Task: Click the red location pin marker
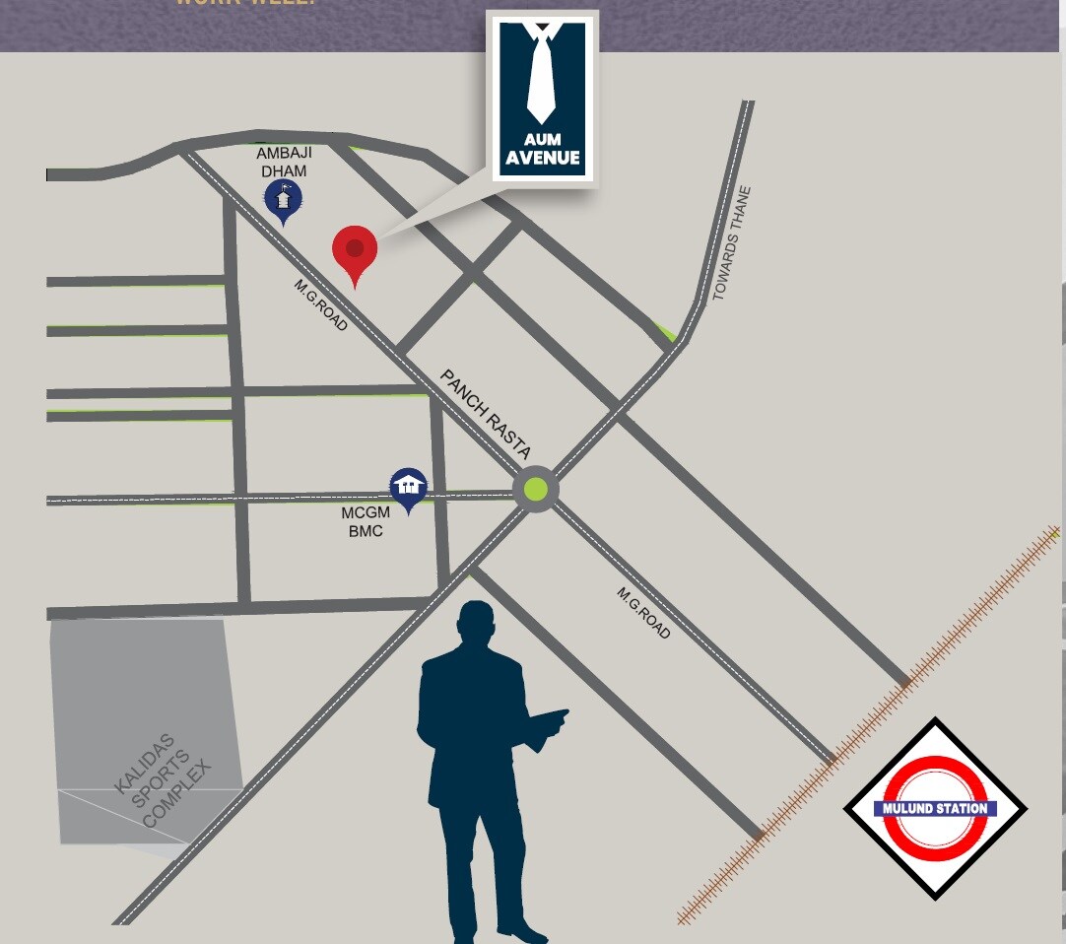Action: pyautogui.click(x=355, y=248)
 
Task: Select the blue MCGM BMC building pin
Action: pyautogui.click(x=408, y=485)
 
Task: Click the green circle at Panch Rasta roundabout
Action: pyautogui.click(x=535, y=488)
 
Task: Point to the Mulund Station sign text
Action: pyautogui.click(x=935, y=809)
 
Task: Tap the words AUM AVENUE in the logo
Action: pyautogui.click(x=542, y=149)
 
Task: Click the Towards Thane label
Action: pyautogui.click(x=732, y=243)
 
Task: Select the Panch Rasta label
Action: pyautogui.click(x=486, y=415)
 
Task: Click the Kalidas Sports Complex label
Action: pyautogui.click(x=164, y=780)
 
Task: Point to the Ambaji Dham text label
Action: pyautogui.click(x=282, y=163)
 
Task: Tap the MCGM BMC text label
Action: pyautogui.click(x=366, y=522)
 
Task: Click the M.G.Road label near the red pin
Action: pyautogui.click(x=321, y=304)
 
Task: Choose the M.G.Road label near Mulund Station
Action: pyautogui.click(x=644, y=613)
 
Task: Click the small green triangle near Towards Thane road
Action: pyautogui.click(x=669, y=333)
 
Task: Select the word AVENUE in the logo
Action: pyautogui.click(x=542, y=158)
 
